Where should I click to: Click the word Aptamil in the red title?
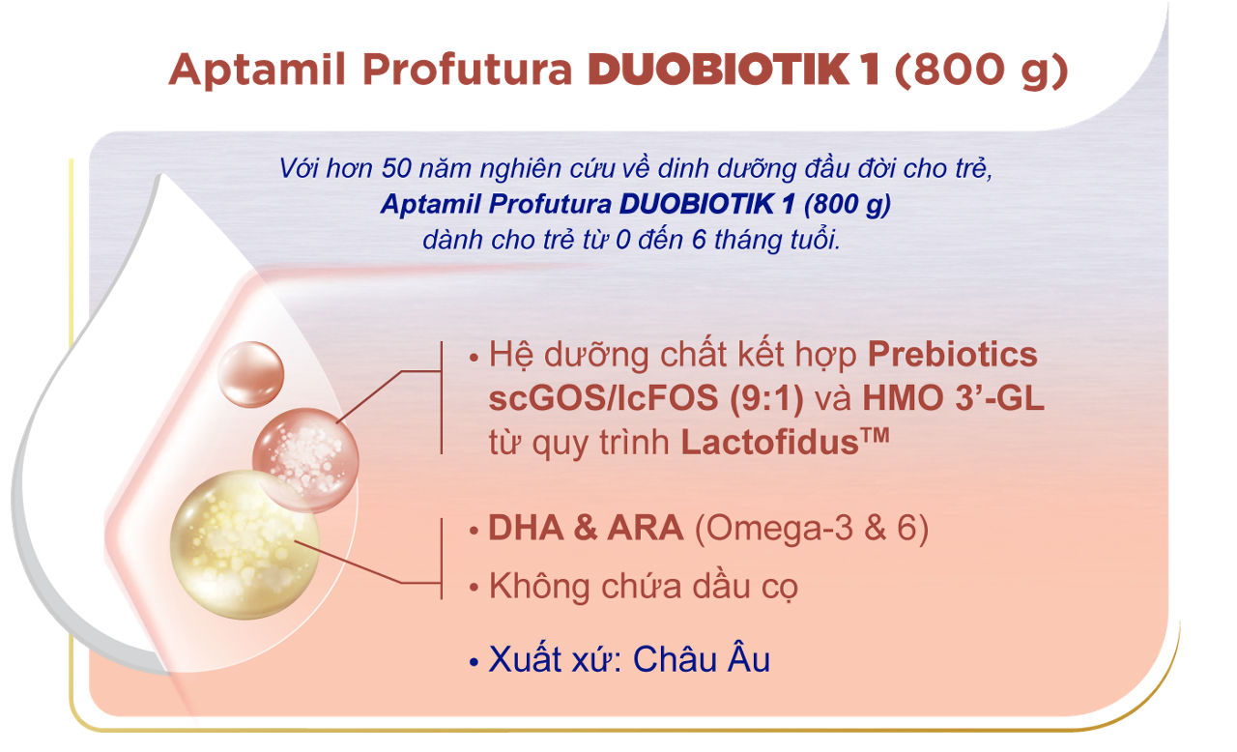point(257,70)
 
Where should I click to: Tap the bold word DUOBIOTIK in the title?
point(718,70)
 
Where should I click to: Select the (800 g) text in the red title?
point(981,72)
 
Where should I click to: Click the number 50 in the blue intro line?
point(396,168)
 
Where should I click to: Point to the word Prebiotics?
point(953,355)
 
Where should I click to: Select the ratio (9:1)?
point(767,398)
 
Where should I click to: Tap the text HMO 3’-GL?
point(953,398)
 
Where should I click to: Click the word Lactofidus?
point(770,443)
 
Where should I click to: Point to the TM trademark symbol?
point(875,435)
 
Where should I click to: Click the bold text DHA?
point(526,528)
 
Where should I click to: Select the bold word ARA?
point(645,528)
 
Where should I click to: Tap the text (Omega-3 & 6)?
point(812,529)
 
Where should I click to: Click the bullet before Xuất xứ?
point(474,662)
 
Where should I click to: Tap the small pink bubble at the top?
point(250,374)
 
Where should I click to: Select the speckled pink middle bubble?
point(305,460)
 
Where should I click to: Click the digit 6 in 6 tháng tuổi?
point(699,240)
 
